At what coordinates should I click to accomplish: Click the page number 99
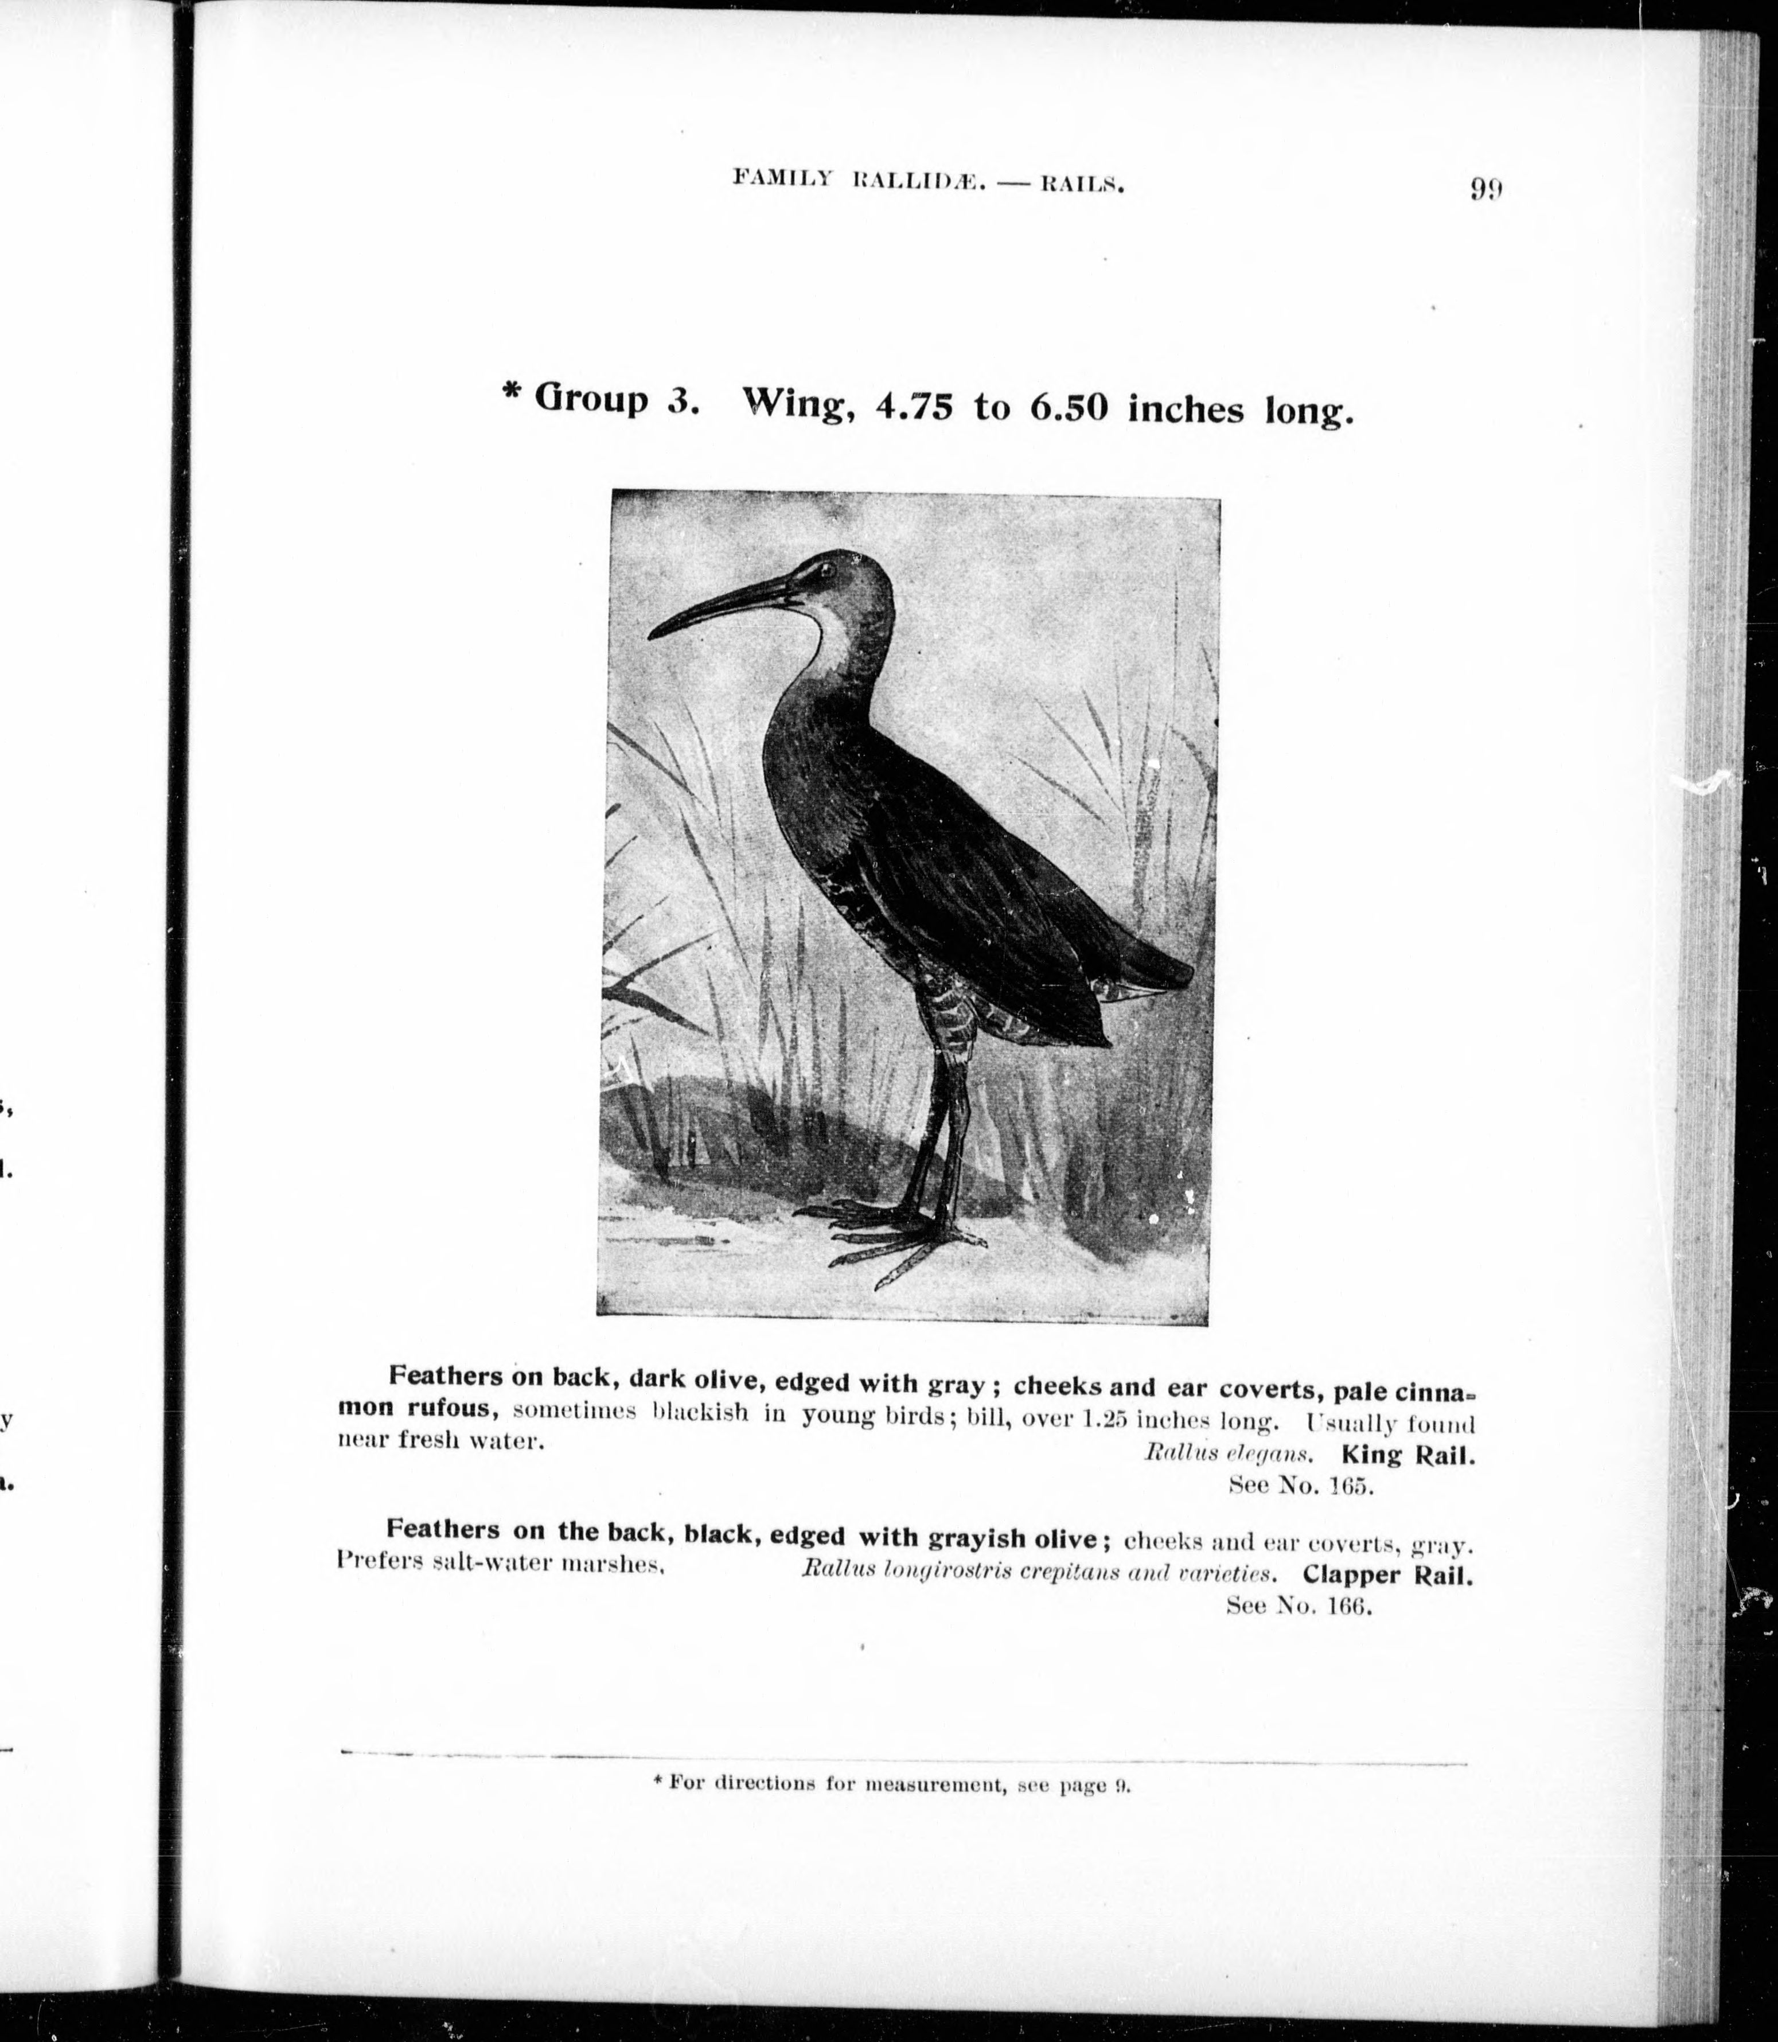tap(1485, 189)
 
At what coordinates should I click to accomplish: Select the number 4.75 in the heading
tap(913, 407)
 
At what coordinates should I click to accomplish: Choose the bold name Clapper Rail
tap(1387, 1575)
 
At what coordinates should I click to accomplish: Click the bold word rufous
tap(440, 1408)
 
